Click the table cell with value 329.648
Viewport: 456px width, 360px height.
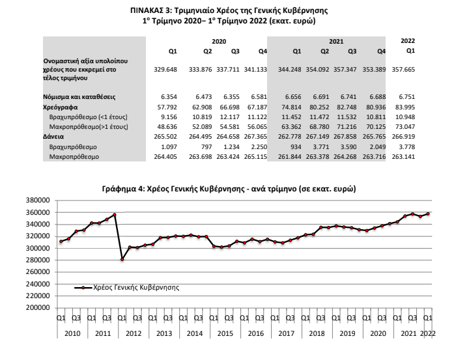click(x=165, y=70)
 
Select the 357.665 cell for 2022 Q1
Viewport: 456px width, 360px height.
click(x=403, y=70)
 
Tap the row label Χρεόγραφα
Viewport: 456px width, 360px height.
click(x=61, y=107)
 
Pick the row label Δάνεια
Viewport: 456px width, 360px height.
click(x=53, y=137)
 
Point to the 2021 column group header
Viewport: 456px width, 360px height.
click(x=336, y=42)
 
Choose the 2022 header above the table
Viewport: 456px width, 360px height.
click(x=408, y=40)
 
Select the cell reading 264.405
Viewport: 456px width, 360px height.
click(x=165, y=157)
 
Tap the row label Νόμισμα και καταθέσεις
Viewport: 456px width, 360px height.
click(x=79, y=97)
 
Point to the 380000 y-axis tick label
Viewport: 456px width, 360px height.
click(x=38, y=201)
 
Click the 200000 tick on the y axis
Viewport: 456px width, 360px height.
click(x=38, y=308)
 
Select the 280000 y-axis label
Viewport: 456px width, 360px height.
click(x=38, y=260)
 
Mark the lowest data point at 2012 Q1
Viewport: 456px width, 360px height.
click(x=122, y=259)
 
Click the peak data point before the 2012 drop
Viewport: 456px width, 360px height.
click(x=115, y=215)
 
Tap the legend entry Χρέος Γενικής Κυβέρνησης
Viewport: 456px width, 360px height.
click(x=127, y=288)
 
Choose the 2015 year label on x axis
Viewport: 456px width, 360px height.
click(x=225, y=333)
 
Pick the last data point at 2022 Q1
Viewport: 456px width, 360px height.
click(x=428, y=214)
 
